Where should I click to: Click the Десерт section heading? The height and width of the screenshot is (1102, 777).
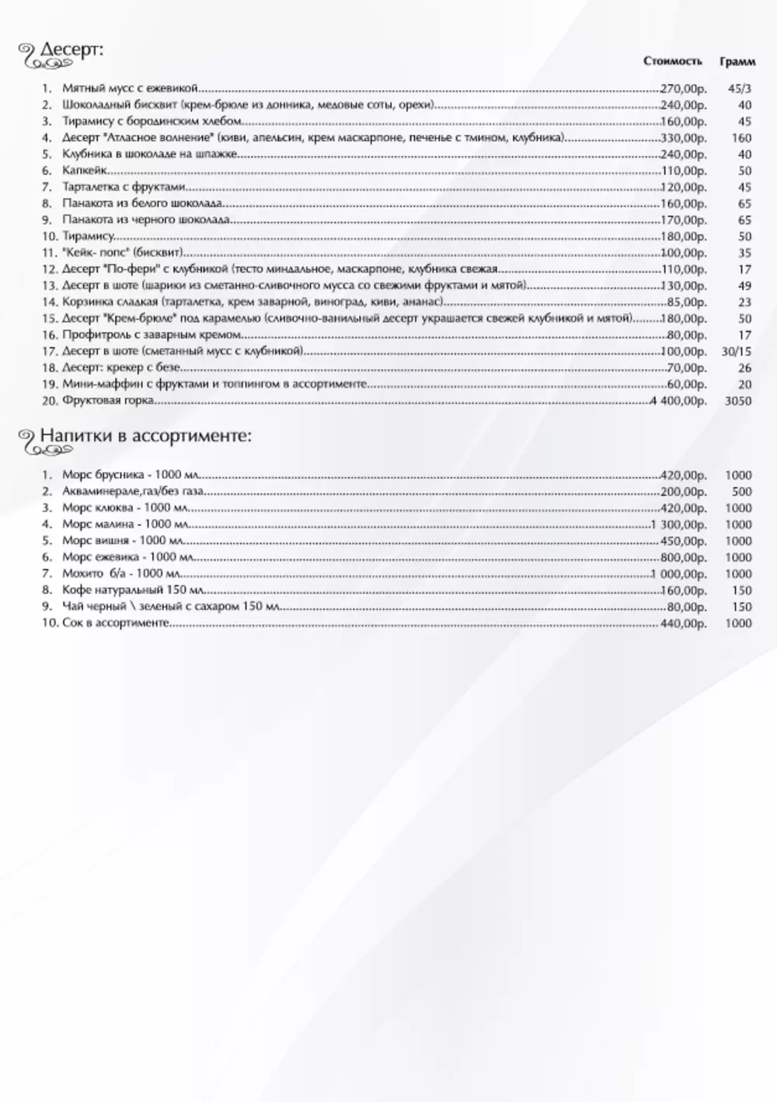[x=71, y=51]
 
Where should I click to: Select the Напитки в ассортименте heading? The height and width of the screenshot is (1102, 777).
[x=145, y=436]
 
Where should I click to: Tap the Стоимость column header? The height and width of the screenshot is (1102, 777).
[x=672, y=61]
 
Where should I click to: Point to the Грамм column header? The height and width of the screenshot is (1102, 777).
[x=737, y=61]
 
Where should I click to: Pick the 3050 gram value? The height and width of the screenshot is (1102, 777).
[x=737, y=401]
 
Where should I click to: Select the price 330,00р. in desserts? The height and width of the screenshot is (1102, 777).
[x=684, y=138]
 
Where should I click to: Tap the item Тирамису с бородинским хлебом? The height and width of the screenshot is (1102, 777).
[x=152, y=122]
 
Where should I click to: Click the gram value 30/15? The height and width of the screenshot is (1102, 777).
[x=737, y=352]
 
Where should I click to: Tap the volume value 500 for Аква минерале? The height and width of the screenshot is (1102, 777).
[x=742, y=492]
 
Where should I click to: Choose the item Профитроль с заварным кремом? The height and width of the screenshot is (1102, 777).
[x=152, y=336]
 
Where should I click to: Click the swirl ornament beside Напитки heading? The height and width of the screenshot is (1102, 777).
[x=27, y=440]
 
